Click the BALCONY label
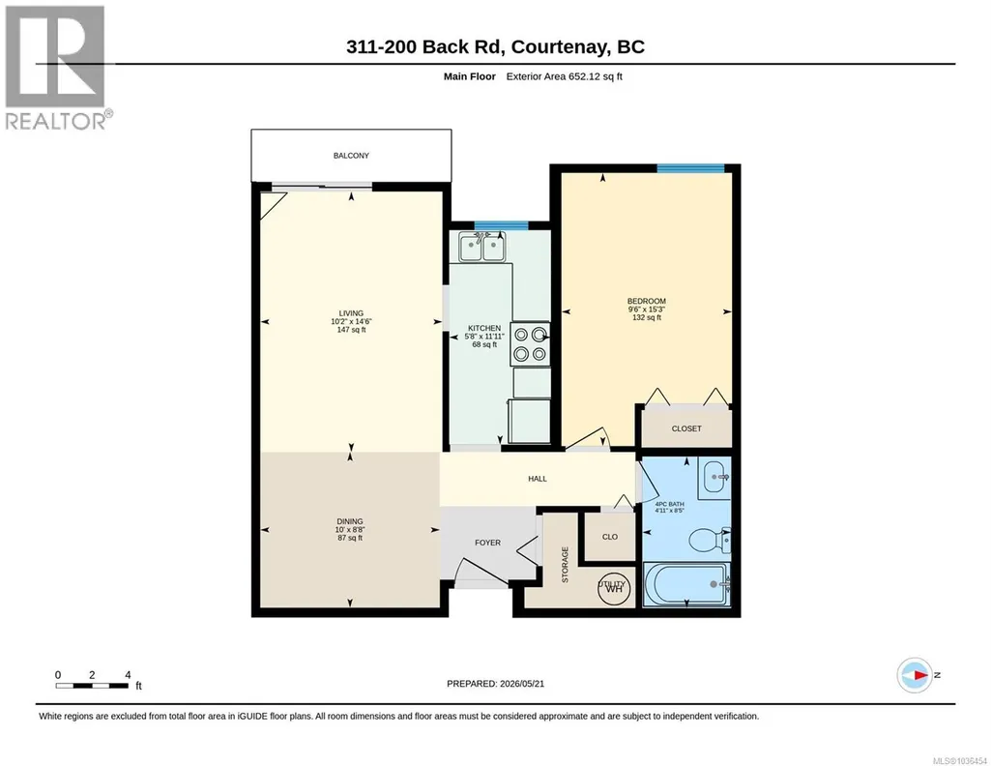click(351, 156)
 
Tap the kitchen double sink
click(481, 247)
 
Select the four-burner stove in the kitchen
click(530, 343)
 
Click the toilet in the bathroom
click(709, 541)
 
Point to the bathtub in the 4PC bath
click(687, 584)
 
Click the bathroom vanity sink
click(714, 477)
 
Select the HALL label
click(538, 479)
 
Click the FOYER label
click(487, 543)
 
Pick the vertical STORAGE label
click(565, 565)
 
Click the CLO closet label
click(610, 537)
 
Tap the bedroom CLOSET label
click(686, 428)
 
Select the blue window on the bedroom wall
click(690, 168)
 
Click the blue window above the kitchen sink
click(501, 225)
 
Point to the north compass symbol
click(916, 675)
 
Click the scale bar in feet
click(92, 686)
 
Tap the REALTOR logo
click(57, 68)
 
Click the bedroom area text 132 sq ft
click(647, 318)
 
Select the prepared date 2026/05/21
click(522, 683)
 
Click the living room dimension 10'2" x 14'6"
click(351, 321)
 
